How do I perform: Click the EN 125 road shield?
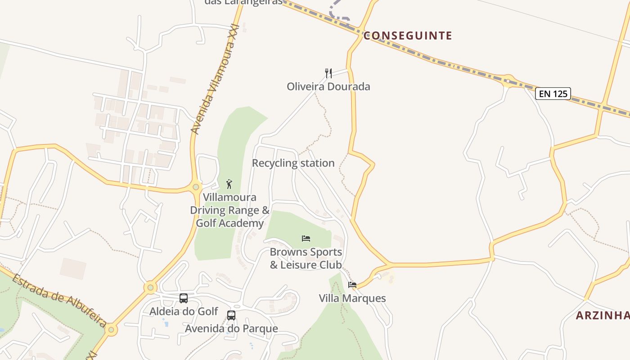pos(553,94)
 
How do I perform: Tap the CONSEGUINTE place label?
pos(407,36)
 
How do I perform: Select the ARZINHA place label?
pos(603,315)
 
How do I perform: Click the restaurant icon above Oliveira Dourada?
pos(329,73)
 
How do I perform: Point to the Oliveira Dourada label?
pos(328,86)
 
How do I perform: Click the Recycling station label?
pos(293,163)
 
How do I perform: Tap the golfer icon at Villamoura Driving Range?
pos(229,184)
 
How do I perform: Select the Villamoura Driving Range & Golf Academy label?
pos(229,210)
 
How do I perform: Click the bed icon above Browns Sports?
pos(306,238)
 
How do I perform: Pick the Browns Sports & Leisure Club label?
pos(306,258)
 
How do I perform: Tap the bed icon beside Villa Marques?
pos(352,284)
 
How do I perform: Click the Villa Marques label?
pos(352,298)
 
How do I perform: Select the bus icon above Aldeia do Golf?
pos(184,298)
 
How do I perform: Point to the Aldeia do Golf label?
pos(184,311)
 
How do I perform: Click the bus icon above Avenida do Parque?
pos(231,315)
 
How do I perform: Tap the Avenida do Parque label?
pos(231,328)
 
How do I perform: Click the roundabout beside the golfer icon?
pos(196,187)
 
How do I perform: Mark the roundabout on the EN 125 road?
pos(508,81)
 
